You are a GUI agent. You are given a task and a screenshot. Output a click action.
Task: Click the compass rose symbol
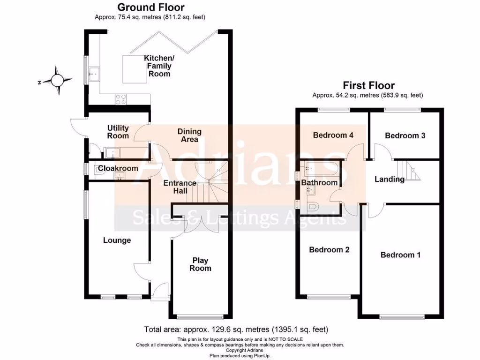57,81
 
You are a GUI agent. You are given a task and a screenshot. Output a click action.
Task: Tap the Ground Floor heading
150,7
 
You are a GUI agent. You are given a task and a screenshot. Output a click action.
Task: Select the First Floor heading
368,85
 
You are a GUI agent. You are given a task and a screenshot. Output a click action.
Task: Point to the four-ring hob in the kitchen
120,98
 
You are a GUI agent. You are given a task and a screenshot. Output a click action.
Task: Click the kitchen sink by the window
94,74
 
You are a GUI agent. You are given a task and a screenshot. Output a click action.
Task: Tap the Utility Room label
118,132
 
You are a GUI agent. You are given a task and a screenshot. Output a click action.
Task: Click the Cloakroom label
118,168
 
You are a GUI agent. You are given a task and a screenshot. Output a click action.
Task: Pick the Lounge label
117,240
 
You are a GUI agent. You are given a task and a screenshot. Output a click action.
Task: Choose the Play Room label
200,264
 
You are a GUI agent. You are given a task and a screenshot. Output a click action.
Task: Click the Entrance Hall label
180,187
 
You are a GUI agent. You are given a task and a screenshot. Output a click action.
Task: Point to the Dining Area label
189,135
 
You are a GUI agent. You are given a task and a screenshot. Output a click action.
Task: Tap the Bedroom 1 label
400,255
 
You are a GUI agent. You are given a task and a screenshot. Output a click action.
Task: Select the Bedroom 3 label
405,135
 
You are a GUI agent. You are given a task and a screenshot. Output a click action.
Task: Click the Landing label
389,179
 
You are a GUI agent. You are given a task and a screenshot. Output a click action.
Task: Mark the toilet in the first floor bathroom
313,206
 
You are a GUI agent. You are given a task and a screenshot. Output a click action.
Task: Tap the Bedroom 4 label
333,135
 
